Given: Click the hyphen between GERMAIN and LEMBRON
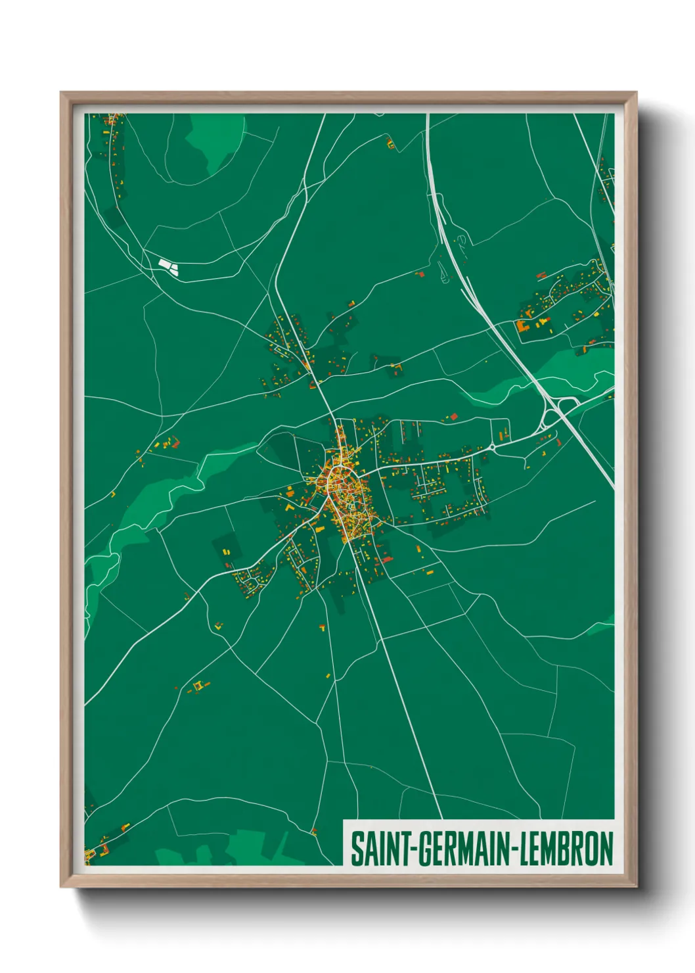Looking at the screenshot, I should coord(515,849).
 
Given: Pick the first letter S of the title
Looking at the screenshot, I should coord(357,849).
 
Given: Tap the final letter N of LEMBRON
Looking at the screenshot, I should coord(606,849).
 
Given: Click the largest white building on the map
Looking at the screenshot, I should coord(164,264).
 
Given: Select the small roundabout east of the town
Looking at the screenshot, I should coord(493,448).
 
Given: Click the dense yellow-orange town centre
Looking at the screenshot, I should coord(342,490).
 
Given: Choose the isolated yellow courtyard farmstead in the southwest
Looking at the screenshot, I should coord(198,686).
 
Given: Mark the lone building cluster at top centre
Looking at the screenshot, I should coord(391,143).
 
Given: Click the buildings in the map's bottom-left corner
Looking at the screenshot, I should coord(99,848).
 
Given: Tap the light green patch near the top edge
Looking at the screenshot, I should coord(213,141).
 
